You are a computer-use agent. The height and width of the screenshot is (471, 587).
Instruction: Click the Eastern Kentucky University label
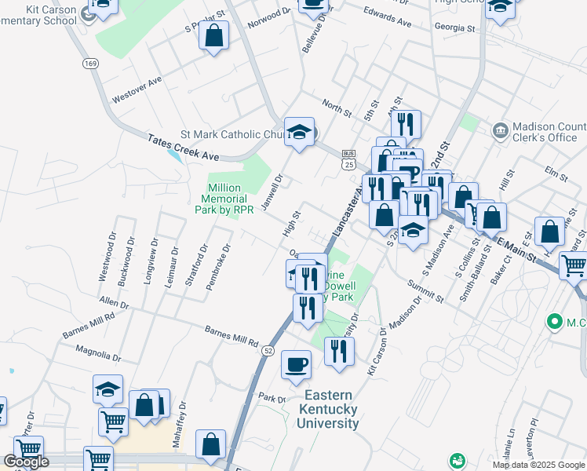(x=327, y=409)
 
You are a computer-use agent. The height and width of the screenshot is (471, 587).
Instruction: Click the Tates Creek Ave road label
(x=183, y=147)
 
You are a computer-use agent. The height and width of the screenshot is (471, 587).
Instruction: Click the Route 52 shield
(x=268, y=351)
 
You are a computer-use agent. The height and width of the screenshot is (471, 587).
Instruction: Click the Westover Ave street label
(x=137, y=89)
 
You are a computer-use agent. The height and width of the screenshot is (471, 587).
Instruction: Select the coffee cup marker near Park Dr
(x=297, y=364)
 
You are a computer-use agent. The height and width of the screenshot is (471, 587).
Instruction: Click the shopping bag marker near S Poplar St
(x=213, y=35)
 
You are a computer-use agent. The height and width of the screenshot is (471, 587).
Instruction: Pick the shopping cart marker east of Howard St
(x=574, y=265)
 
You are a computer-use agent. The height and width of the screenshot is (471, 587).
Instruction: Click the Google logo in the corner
(x=25, y=462)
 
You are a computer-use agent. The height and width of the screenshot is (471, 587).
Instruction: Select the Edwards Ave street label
(x=388, y=17)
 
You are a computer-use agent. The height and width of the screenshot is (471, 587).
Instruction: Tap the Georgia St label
(x=455, y=27)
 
